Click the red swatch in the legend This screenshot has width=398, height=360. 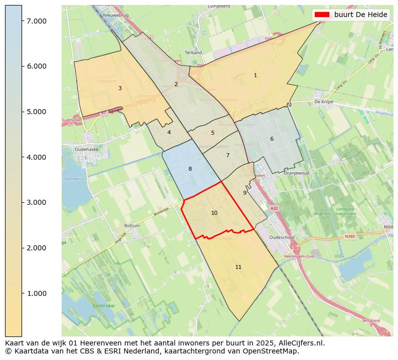322,15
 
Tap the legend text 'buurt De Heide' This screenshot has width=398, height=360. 361,15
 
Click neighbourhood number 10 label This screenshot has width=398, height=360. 214,213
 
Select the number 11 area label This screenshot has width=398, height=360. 238,267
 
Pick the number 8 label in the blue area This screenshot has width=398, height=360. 190,169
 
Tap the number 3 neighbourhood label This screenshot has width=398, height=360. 120,88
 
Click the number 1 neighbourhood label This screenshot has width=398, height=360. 255,75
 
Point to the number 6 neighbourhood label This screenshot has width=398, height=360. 272,139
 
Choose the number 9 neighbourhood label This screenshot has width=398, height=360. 245,193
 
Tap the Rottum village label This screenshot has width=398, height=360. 132,226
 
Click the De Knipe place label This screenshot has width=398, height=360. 324,101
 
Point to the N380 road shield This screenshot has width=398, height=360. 349,236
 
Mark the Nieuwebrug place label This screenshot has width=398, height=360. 116,16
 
